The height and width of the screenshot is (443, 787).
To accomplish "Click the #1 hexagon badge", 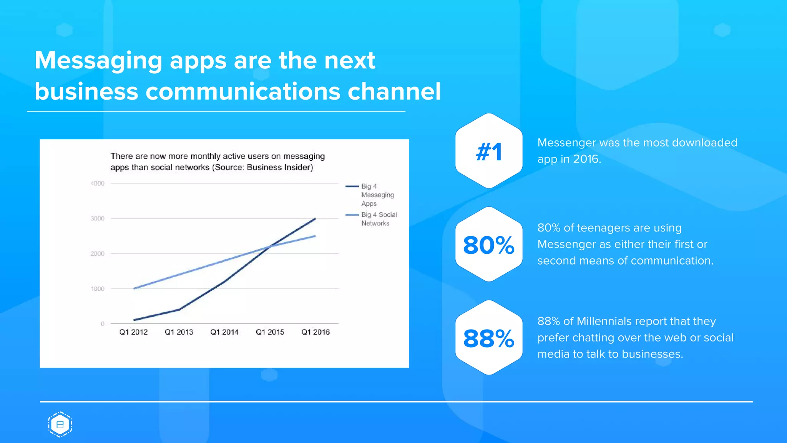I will coord(489,151).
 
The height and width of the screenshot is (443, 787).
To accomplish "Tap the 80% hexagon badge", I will coord(489,245).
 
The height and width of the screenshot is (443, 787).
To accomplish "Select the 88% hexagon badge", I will coord(489,338).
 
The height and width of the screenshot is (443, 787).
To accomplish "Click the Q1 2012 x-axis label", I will coord(133,332).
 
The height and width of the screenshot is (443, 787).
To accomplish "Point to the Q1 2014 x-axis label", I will coord(224,332).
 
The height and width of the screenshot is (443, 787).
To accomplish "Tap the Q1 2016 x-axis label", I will coord(315,332).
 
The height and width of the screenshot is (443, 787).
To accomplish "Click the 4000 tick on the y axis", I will coord(97,183).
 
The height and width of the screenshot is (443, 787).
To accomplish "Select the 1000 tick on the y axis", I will coord(97,289).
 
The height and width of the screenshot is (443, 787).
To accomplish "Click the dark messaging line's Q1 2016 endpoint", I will coord(315,219).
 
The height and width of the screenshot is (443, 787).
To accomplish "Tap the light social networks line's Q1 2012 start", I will coord(134,288).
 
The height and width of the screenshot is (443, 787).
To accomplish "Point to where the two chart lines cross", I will coord(271,246).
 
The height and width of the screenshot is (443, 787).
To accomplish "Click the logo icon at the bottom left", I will coord(60,425).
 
